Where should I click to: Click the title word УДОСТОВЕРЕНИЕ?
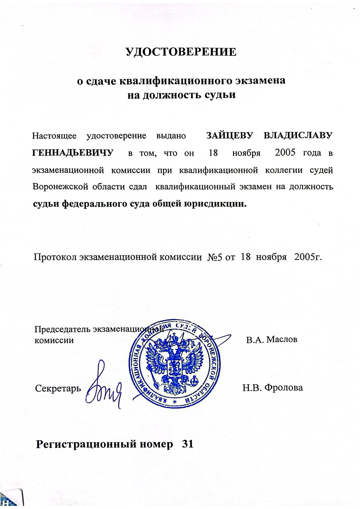click(x=181, y=52)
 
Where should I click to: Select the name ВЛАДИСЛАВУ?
click(x=298, y=135)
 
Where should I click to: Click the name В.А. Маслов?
click(x=272, y=339)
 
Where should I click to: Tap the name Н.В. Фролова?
click(x=273, y=387)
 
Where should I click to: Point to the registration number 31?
click(x=188, y=444)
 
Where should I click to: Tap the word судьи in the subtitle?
click(x=221, y=94)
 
